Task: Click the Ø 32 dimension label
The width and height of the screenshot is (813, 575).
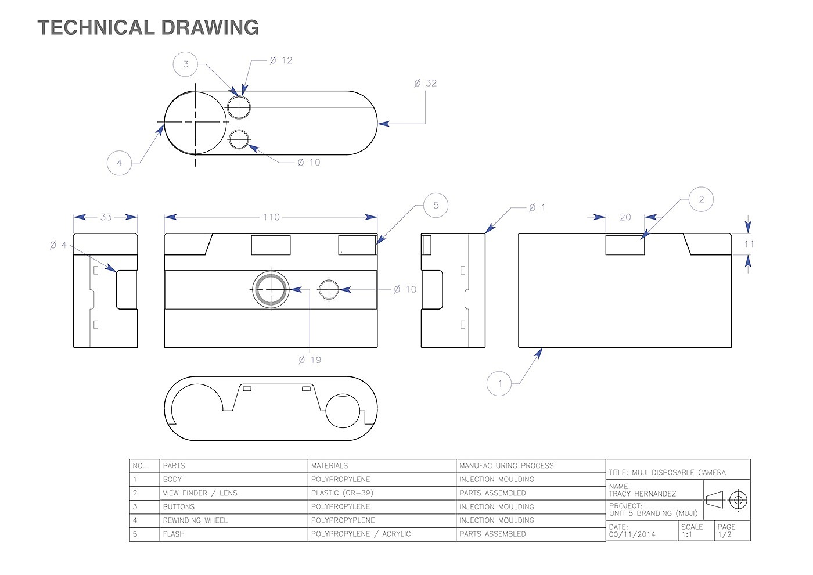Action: [x=425, y=84]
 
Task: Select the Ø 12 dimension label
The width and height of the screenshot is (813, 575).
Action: [x=281, y=60]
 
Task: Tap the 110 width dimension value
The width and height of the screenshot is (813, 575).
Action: [x=272, y=217]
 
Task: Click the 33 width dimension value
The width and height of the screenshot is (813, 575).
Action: [x=106, y=217]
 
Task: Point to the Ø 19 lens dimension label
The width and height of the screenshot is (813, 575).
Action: [x=310, y=360]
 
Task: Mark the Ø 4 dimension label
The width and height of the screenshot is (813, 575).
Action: [x=59, y=245]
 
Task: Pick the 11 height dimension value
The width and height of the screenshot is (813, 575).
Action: [x=749, y=245]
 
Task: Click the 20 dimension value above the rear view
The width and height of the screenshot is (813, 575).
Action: [x=625, y=217]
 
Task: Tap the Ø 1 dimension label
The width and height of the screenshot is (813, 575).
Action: [x=538, y=208]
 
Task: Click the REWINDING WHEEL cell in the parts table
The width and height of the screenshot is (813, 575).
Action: [x=195, y=520]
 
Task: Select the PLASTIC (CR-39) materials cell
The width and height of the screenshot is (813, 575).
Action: [x=342, y=493]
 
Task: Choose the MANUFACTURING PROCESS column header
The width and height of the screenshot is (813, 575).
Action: [x=506, y=466]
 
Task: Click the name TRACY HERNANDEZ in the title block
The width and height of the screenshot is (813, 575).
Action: [x=642, y=494]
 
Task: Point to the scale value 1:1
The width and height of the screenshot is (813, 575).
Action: [x=687, y=535]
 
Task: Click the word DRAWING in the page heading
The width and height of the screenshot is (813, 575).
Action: [x=210, y=28]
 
